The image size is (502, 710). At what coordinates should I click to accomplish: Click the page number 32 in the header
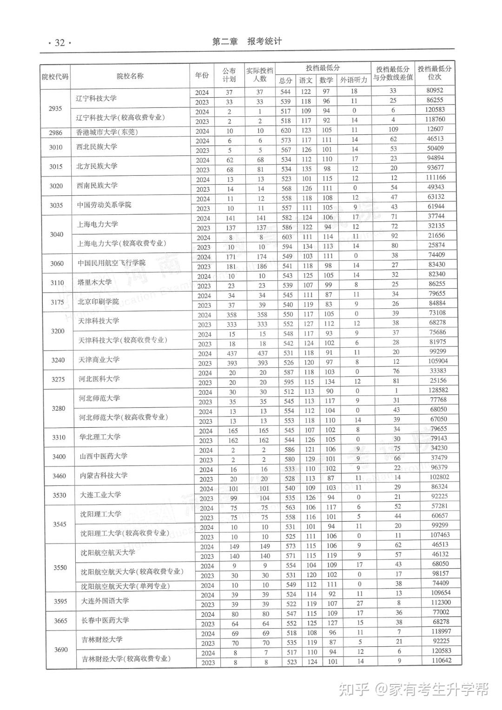59,43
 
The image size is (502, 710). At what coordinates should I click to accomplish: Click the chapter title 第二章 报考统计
247,41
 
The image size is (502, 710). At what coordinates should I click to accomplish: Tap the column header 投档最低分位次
434,73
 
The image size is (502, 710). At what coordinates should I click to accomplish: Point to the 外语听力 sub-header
353,80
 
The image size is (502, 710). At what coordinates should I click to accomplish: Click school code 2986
55,133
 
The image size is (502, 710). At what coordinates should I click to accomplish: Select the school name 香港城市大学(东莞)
107,132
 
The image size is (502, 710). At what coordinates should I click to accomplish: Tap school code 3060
57,264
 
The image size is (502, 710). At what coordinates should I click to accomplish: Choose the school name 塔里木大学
95,282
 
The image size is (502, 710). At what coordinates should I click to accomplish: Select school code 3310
59,438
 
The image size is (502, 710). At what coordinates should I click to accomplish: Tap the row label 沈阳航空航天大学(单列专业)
125,586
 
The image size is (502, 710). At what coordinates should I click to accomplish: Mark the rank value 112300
440,603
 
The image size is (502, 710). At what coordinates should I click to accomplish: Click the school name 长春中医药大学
105,620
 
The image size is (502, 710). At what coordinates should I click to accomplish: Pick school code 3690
61,650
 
